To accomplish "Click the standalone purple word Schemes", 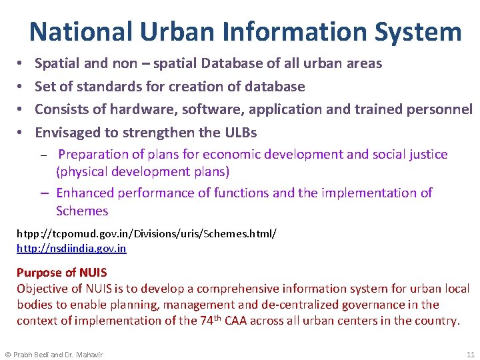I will (x=82, y=211).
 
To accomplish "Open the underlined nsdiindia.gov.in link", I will (x=71, y=249).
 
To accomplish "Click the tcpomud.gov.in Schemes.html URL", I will (x=147, y=235).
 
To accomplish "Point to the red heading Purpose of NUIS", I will (x=61, y=273).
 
